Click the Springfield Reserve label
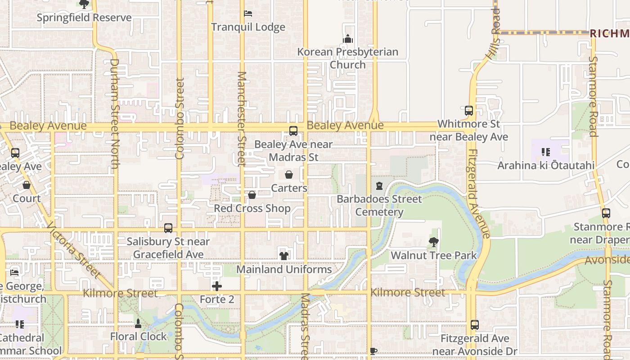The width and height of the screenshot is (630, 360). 84,18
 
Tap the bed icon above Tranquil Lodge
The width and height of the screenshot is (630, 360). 248,13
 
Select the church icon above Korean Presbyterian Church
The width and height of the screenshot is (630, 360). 348,39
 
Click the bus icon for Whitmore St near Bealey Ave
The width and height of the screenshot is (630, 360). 469,110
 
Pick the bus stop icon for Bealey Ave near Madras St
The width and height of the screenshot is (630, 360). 293,131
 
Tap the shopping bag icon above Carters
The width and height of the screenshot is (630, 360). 289,175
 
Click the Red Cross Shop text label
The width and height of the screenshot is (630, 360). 252,208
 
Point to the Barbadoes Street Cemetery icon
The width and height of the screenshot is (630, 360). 379,186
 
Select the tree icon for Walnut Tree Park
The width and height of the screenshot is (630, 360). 434,243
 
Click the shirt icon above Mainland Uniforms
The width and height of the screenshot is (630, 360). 284,256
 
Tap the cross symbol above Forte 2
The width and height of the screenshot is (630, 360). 217,286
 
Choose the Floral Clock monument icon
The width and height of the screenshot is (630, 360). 138,323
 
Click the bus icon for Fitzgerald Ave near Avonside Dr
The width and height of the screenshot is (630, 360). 475,325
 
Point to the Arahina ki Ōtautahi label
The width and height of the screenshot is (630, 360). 546,166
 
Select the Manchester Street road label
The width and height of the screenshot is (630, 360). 242,118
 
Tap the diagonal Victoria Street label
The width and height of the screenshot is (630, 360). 73,250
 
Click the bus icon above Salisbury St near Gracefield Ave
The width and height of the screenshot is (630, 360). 168,228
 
